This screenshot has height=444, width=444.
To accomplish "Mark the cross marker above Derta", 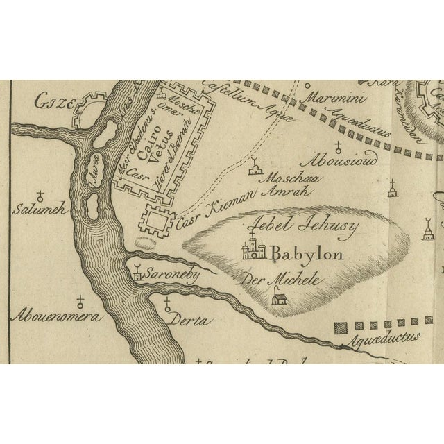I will point(167,303).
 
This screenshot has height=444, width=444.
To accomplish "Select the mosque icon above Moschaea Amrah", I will point(256,169).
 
